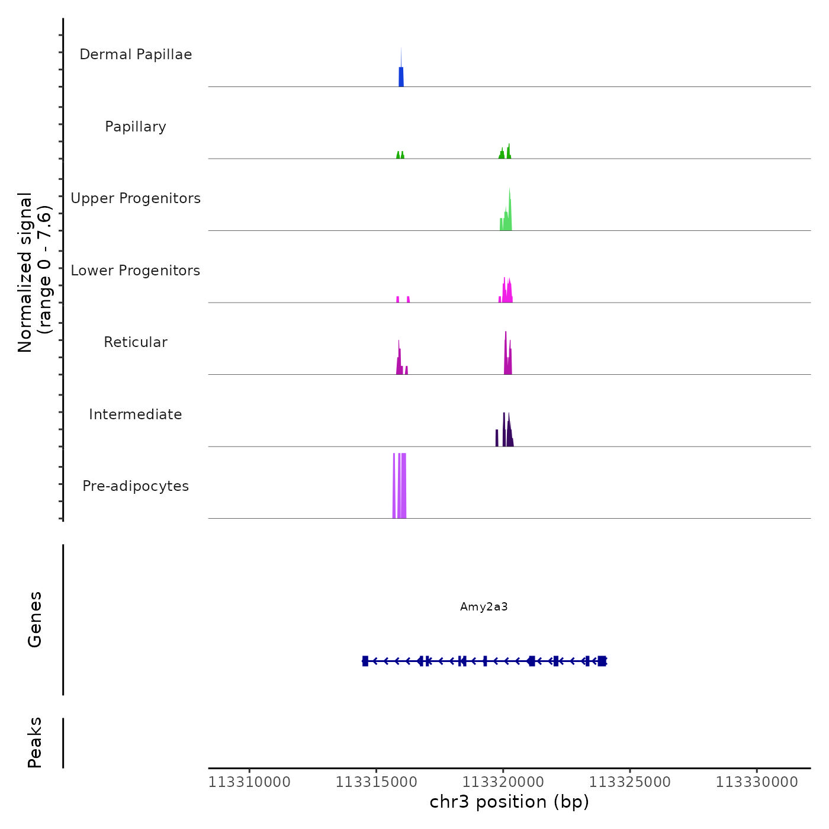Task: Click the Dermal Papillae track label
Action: (x=136, y=54)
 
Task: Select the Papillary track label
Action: (x=136, y=127)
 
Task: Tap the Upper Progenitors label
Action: (x=136, y=198)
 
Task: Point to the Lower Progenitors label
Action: (x=136, y=271)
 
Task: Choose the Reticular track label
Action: (x=136, y=342)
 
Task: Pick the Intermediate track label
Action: (x=136, y=415)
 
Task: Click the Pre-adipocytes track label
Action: (x=136, y=486)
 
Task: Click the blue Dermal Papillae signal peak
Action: (x=401, y=76)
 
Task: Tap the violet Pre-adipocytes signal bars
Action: (x=401, y=486)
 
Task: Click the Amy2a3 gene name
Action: (x=484, y=607)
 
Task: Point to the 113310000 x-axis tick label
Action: (x=249, y=782)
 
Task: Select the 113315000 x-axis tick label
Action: (x=377, y=782)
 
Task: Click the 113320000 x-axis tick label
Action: (x=503, y=782)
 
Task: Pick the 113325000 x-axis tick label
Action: (x=630, y=782)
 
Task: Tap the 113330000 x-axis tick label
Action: (x=757, y=782)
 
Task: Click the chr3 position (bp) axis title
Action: (x=509, y=802)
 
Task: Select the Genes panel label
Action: (x=35, y=619)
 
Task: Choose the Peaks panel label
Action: (x=35, y=743)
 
